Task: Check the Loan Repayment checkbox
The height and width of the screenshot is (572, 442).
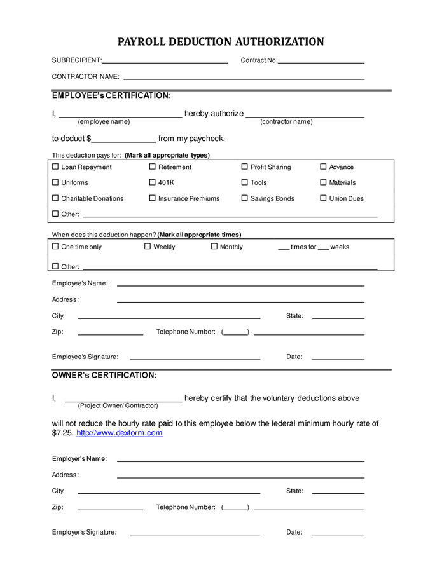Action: [55, 167]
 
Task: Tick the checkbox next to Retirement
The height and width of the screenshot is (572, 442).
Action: [152, 167]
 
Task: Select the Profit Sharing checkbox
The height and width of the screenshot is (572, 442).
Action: [244, 167]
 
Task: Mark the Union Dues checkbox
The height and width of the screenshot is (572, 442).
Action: [323, 198]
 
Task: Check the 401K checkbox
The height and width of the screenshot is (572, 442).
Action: [152, 182]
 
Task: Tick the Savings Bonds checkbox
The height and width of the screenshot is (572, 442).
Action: [244, 198]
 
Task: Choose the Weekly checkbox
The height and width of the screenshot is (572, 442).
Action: [148, 247]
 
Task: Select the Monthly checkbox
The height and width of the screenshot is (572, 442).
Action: [214, 247]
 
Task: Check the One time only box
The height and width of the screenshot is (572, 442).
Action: [55, 247]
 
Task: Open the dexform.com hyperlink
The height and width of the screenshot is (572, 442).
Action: [120, 433]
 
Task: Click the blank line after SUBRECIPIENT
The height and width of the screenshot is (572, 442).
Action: [165, 62]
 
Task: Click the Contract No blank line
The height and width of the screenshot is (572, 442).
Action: [321, 62]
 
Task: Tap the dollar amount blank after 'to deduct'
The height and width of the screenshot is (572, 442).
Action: [124, 141]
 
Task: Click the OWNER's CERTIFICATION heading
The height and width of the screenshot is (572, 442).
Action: [104, 375]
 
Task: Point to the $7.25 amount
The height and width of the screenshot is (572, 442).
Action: [62, 433]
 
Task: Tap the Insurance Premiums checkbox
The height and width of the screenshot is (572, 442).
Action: [152, 198]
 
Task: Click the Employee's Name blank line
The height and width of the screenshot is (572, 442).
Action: [240, 285]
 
